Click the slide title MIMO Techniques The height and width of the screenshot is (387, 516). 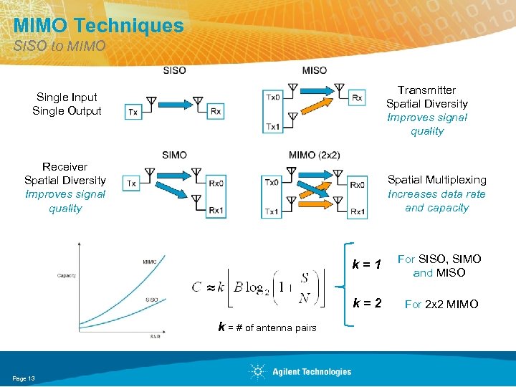coord(98,27)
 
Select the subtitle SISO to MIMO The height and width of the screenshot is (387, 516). coord(59,47)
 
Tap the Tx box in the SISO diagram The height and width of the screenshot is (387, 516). coord(133,111)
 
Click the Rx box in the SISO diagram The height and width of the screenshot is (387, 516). coord(216,111)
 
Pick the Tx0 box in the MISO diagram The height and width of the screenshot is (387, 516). coord(273,97)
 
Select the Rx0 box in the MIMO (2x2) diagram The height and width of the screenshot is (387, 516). coord(357,184)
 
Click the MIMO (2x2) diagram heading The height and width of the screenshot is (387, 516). coord(314,156)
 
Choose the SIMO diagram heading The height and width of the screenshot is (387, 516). coord(174,156)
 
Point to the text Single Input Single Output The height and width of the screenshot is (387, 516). coord(67,104)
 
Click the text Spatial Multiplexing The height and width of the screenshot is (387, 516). coord(436,180)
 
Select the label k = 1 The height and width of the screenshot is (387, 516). coord(366,265)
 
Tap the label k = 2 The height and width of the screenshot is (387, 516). coord(366,303)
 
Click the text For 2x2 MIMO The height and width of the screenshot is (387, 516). coord(441,305)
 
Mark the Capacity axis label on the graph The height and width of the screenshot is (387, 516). coord(67,275)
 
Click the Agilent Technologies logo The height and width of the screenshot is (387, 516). coord(301,371)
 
